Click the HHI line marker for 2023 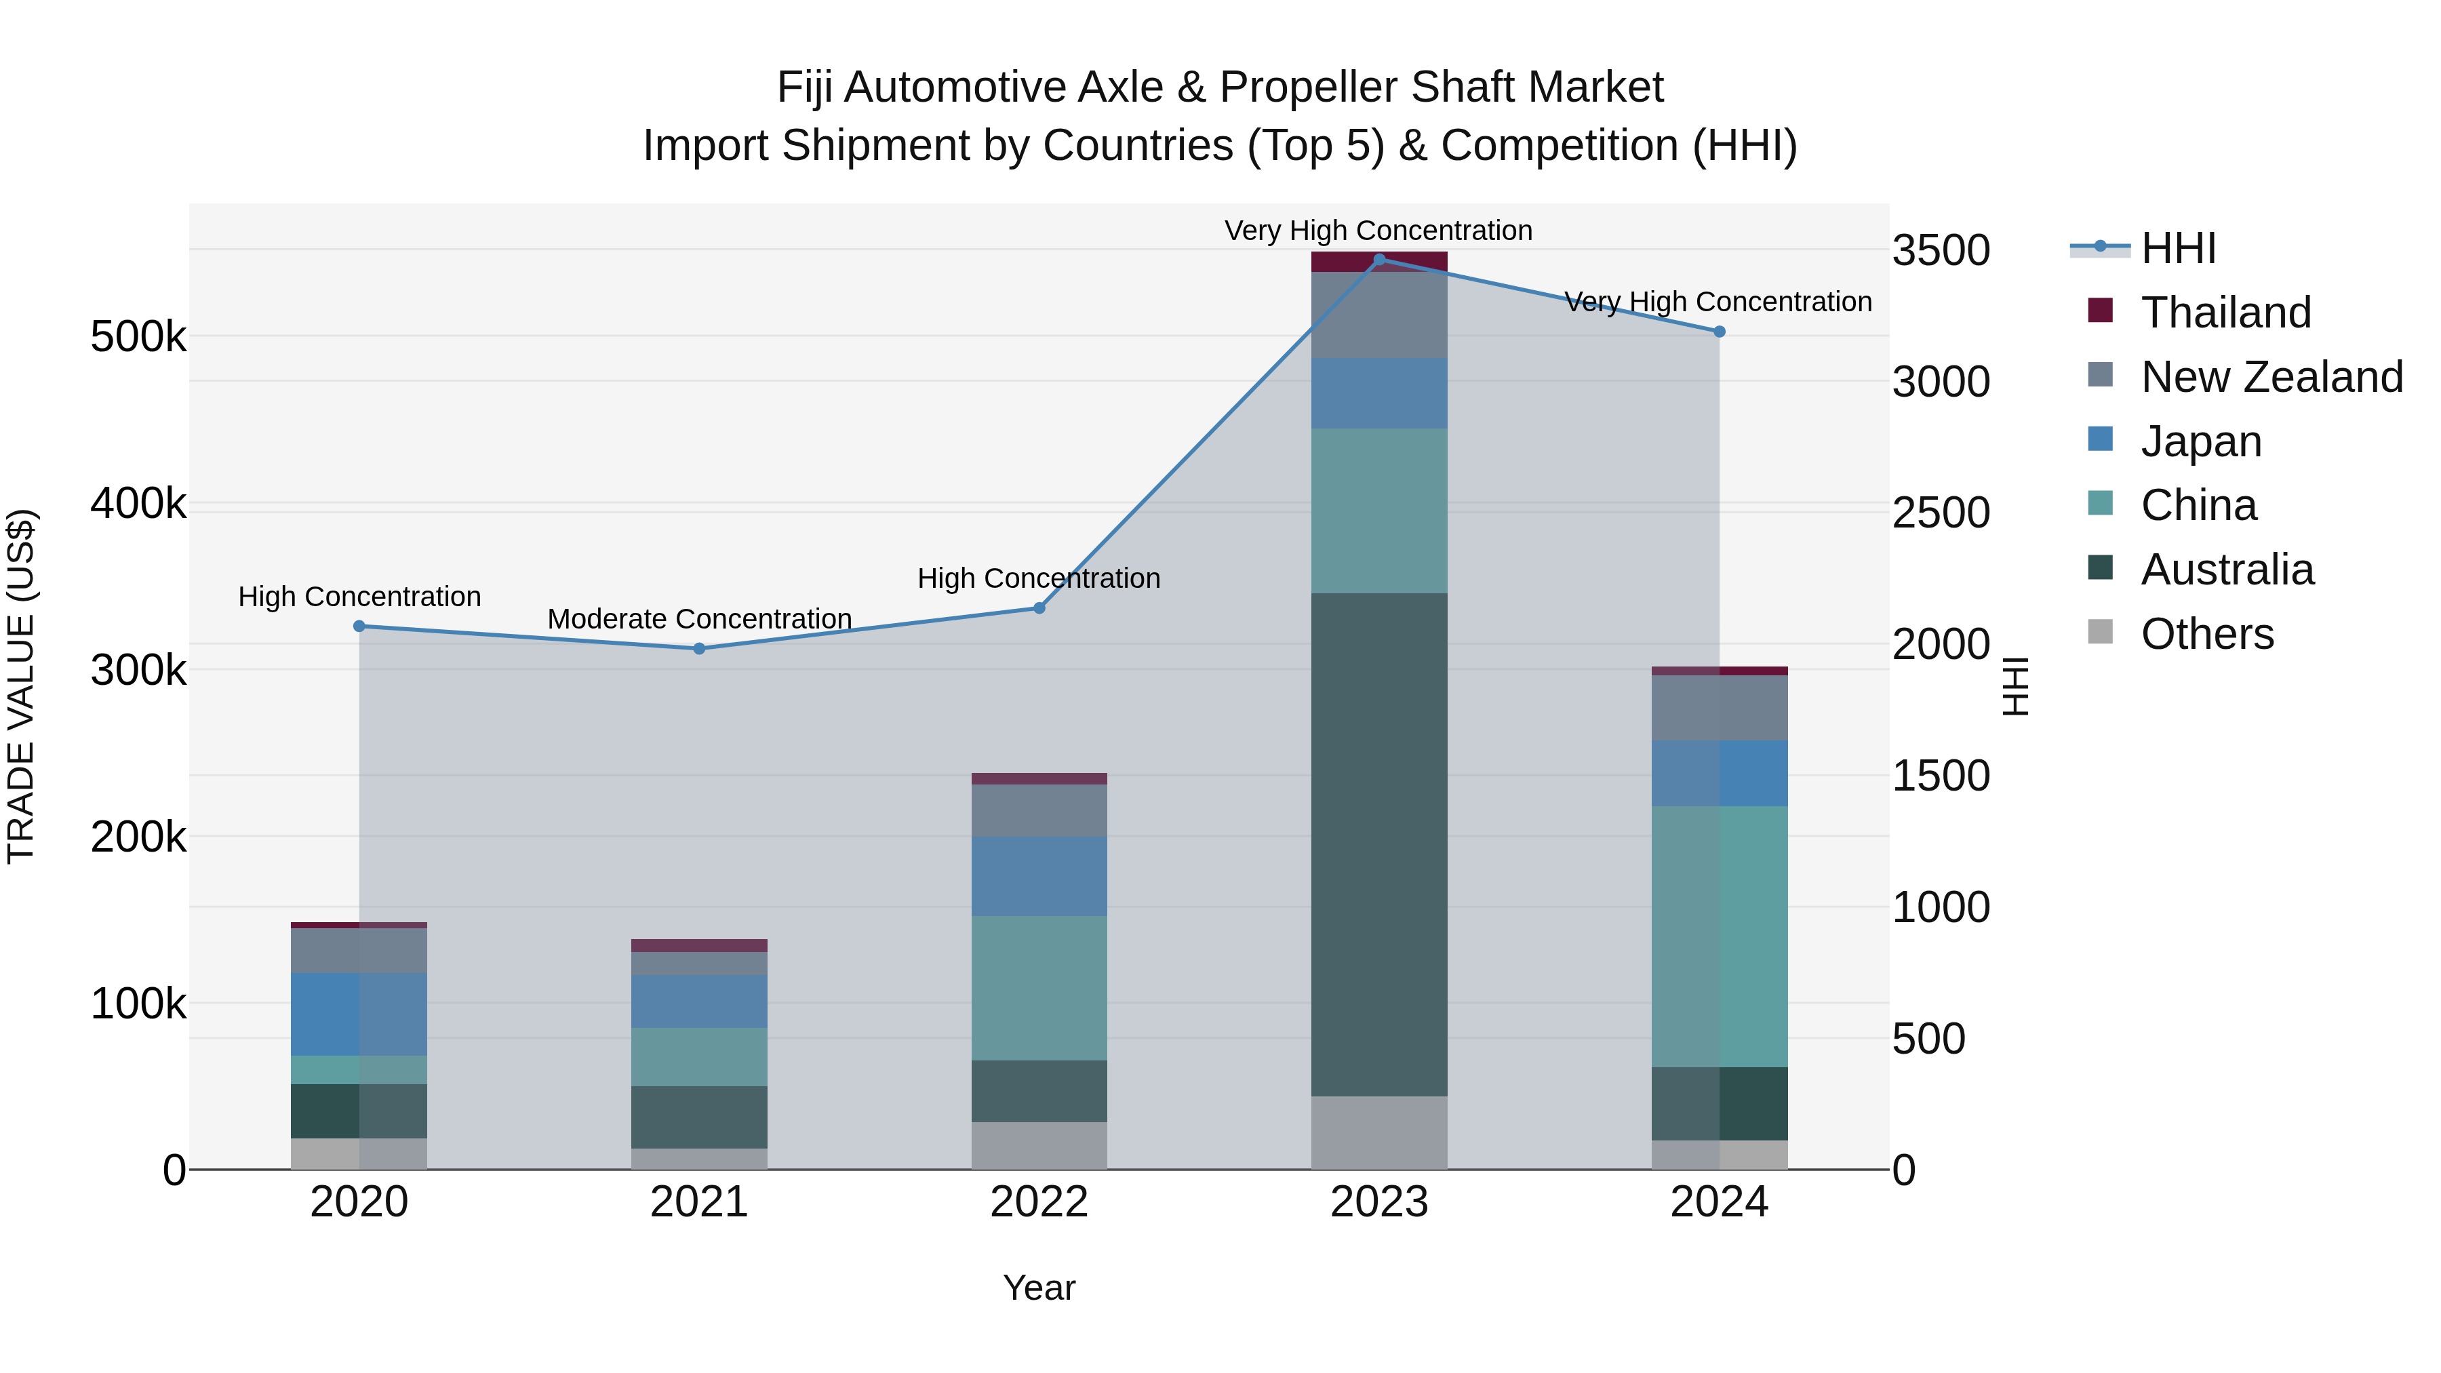(x=1378, y=259)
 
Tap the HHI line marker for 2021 (x=699, y=649)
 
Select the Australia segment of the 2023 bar (x=1378, y=843)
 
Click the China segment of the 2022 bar (x=1039, y=987)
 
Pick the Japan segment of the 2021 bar (x=699, y=1001)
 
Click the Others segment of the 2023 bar (x=1378, y=1132)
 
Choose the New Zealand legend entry (x=2271, y=377)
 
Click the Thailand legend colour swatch (x=2101, y=311)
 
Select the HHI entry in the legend (x=2177, y=248)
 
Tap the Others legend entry (x=2207, y=634)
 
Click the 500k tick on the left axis (x=138, y=336)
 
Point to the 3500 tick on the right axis (x=1941, y=251)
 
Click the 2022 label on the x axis (x=1039, y=1202)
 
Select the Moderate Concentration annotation (x=699, y=619)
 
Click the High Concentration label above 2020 (x=359, y=597)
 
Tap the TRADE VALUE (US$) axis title (x=21, y=686)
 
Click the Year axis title (x=1039, y=1288)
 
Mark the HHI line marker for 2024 (x=1719, y=332)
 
